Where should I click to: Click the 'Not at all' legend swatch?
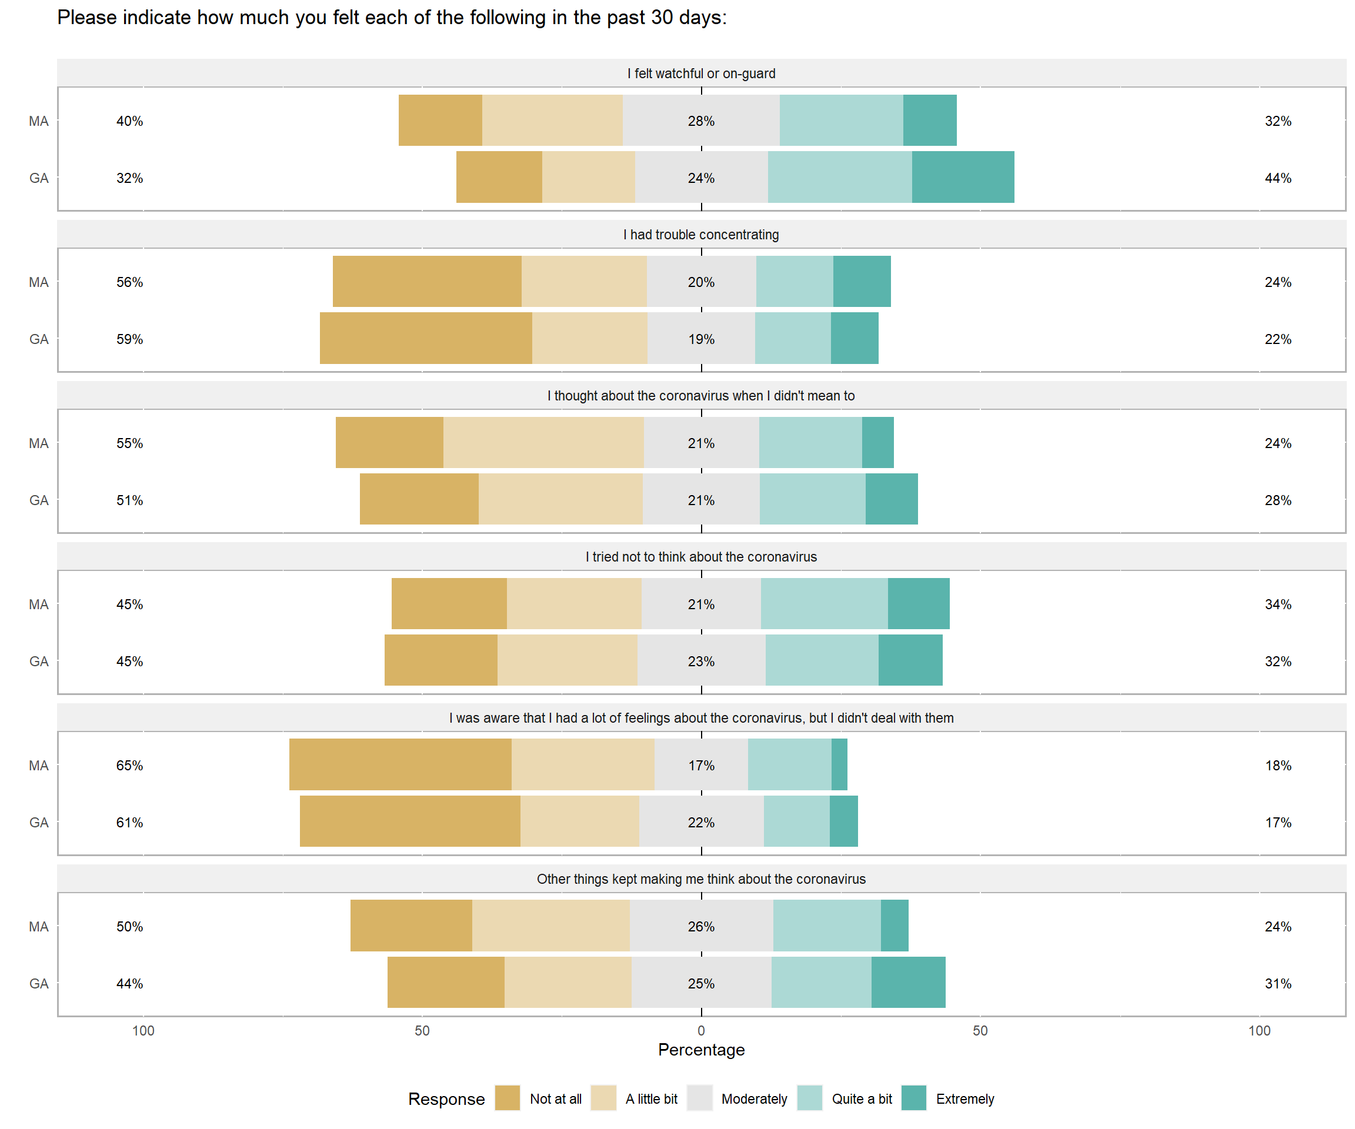coord(507,1098)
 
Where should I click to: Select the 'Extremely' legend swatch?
coord(914,1098)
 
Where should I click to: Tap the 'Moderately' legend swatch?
coord(699,1098)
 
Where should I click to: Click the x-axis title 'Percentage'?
coord(702,1050)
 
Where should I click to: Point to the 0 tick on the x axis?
coord(702,1030)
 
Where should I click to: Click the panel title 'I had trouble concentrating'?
coord(702,235)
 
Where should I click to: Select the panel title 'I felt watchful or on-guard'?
coord(702,74)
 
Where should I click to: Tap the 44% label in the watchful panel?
coord(1277,178)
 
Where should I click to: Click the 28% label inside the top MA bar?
coord(702,121)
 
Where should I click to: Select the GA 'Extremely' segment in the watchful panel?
coord(963,178)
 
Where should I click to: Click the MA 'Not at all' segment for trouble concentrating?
coord(427,281)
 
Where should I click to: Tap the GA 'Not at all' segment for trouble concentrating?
coord(426,338)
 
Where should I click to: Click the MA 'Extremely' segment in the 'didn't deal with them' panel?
coord(839,764)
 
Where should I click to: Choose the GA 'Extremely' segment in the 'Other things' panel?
coord(909,982)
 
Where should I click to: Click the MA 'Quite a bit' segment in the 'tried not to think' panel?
coord(824,603)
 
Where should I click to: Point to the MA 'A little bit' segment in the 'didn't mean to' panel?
coord(543,443)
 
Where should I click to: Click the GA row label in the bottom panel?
coord(39,983)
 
